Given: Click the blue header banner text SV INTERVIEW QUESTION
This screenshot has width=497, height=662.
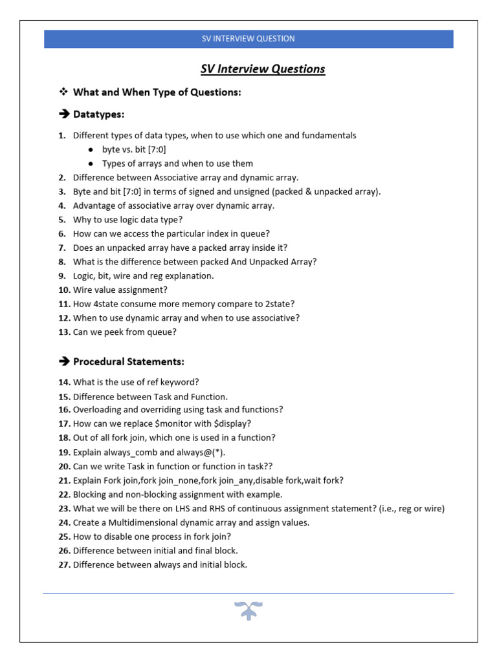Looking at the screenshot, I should (x=248, y=39).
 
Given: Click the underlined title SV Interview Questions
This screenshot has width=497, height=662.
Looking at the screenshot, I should (x=262, y=69).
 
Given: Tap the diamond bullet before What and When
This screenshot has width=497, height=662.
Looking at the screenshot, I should (x=63, y=92).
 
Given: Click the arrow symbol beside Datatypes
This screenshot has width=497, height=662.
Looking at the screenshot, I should (x=63, y=114).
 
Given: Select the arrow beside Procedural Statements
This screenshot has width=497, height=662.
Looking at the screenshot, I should (x=63, y=361).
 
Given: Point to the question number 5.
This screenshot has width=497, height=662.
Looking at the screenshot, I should (x=62, y=220).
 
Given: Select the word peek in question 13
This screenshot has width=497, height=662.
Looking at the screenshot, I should (x=116, y=332).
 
